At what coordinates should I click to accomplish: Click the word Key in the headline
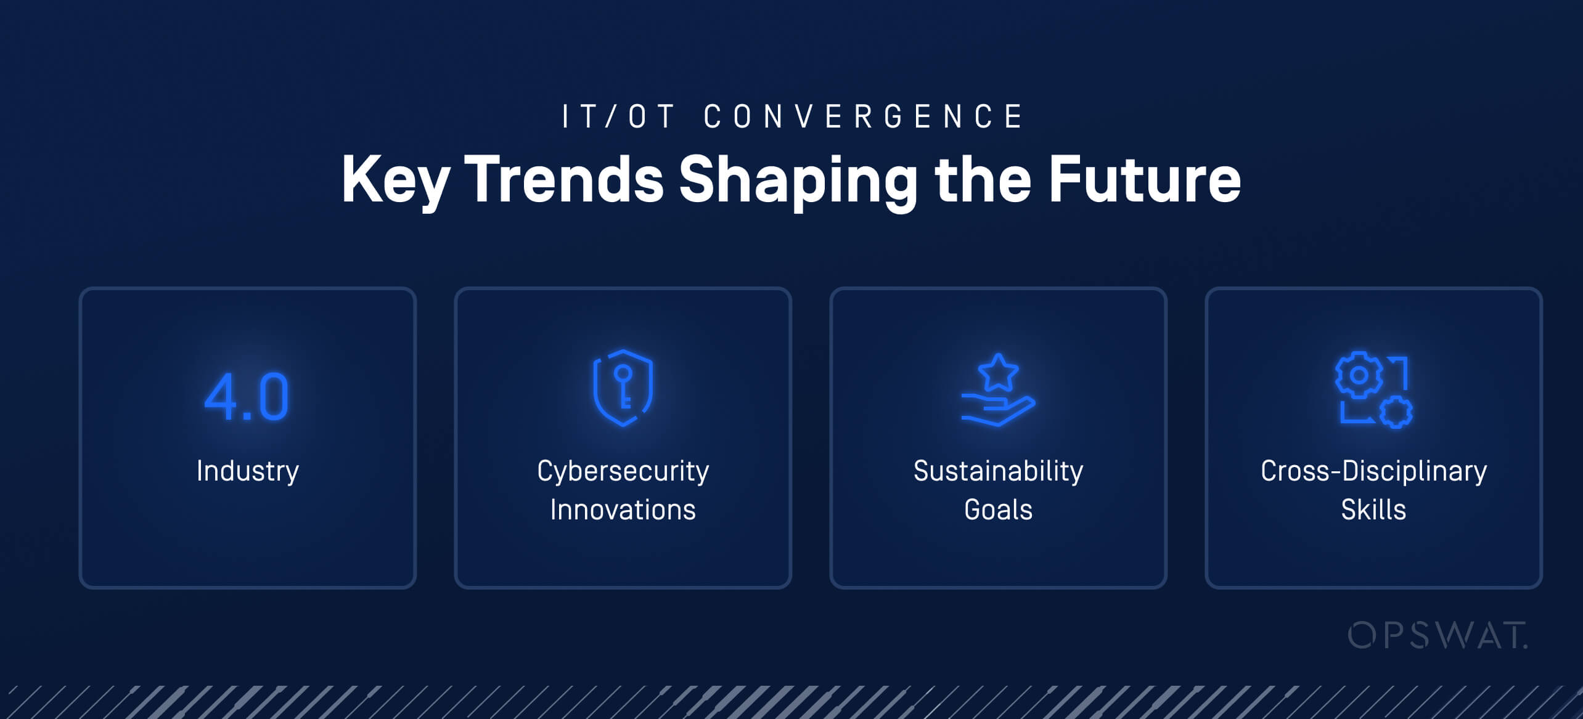click(x=395, y=180)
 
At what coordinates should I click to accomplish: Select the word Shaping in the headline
click(x=798, y=180)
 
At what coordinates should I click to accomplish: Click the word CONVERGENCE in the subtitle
click(x=863, y=116)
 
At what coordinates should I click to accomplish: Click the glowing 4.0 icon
click(x=247, y=397)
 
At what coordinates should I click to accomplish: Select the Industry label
click(x=248, y=471)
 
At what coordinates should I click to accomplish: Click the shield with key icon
click(x=623, y=388)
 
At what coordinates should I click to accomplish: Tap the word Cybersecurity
click(x=623, y=471)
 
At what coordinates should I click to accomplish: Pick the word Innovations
click(x=623, y=510)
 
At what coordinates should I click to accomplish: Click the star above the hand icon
click(x=998, y=372)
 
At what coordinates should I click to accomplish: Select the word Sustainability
click(x=998, y=471)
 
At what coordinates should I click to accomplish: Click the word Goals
click(x=998, y=510)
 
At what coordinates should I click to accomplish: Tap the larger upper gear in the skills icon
click(x=1359, y=375)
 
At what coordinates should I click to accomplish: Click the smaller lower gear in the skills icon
click(x=1396, y=412)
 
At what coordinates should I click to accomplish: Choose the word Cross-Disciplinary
click(x=1373, y=471)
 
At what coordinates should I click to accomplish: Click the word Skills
click(x=1373, y=510)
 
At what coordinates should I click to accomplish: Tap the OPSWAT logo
click(x=1437, y=635)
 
